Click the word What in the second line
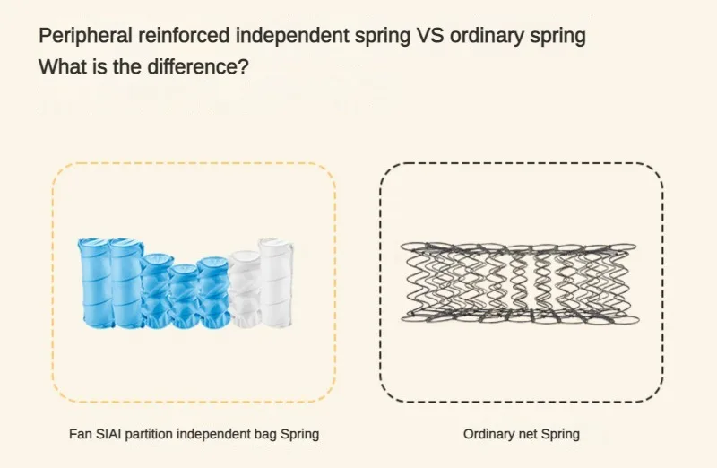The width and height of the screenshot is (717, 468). (x=59, y=66)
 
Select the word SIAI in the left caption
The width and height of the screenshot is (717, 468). (x=109, y=434)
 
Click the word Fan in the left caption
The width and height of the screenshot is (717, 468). (x=80, y=434)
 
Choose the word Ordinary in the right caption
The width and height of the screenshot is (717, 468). (x=490, y=434)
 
